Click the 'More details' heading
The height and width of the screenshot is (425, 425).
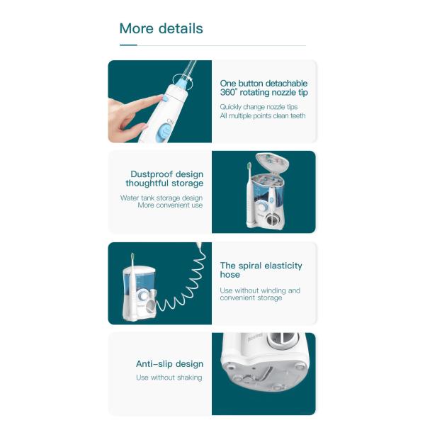161,29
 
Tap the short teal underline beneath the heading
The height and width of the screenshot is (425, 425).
128,45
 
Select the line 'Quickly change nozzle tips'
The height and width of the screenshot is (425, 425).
259,106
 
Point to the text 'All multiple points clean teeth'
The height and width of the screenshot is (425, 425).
262,115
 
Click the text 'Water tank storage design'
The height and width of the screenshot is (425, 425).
161,198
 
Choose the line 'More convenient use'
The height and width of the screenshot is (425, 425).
170,205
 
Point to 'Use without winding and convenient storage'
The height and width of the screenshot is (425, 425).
260,294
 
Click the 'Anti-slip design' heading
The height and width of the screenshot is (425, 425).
169,364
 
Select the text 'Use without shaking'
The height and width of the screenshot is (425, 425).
169,378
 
